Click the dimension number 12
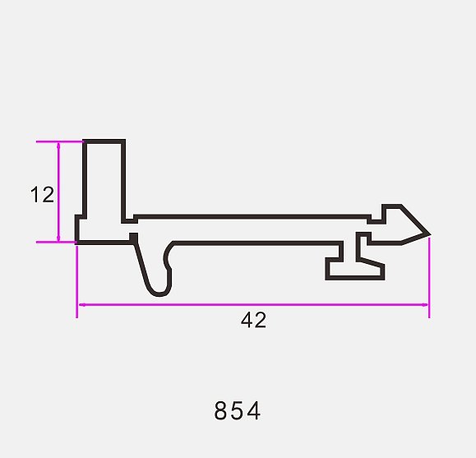(42, 194)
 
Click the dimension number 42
(253, 320)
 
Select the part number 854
(237, 410)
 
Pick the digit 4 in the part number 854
(254, 410)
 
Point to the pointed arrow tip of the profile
(430, 234)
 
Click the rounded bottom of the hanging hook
(159, 294)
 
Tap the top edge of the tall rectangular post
(104, 141)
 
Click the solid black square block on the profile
(133, 238)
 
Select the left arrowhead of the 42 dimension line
(82, 304)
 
